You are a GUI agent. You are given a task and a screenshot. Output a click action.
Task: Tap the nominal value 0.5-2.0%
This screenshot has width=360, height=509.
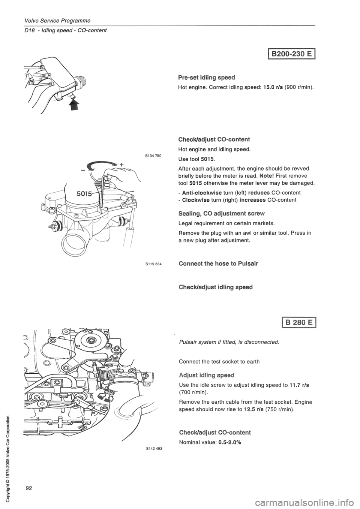tap(228, 442)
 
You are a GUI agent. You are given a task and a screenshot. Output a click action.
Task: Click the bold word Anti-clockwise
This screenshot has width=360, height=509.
tap(203, 192)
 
